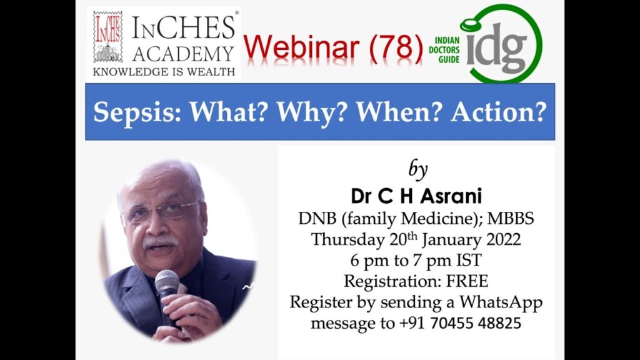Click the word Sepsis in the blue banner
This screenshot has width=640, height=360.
pyautogui.click(x=137, y=112)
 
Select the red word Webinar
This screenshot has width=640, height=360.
pyautogui.click(x=302, y=47)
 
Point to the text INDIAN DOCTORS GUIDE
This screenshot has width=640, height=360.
pyautogui.click(x=444, y=50)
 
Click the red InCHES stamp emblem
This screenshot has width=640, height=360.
pyautogui.click(x=107, y=37)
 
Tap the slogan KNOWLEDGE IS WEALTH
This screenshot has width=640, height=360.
pyautogui.click(x=164, y=72)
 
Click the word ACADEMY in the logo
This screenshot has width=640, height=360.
pyautogui.click(x=183, y=54)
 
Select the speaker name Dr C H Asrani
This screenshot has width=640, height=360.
pyautogui.click(x=416, y=196)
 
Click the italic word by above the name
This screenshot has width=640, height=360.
pyautogui.click(x=417, y=169)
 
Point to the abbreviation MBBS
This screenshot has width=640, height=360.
pyautogui.click(x=511, y=218)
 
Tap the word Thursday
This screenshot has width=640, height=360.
pyautogui.click(x=348, y=239)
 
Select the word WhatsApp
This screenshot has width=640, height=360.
pyautogui.click(x=501, y=302)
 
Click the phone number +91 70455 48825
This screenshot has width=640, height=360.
pyautogui.click(x=460, y=323)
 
